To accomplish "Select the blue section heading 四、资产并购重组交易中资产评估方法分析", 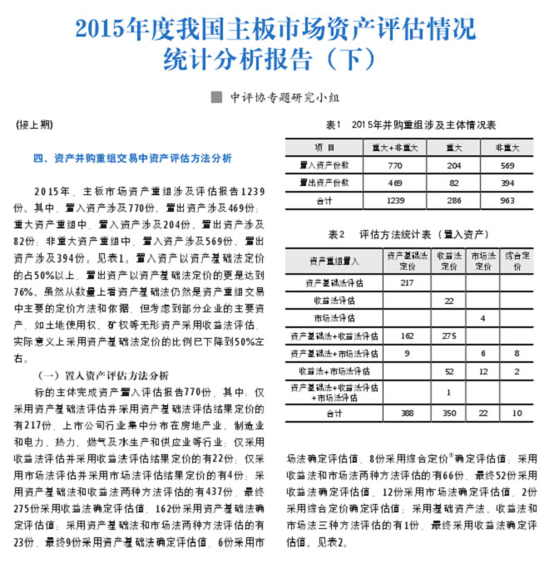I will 132,158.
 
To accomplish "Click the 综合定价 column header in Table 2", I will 517,262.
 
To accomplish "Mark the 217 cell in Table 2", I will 406,283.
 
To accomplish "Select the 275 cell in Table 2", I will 448,335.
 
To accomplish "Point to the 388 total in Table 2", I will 406,413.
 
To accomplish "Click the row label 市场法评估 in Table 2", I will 334,318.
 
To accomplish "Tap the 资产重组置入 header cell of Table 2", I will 334,262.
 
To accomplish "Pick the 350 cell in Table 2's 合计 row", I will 448,413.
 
